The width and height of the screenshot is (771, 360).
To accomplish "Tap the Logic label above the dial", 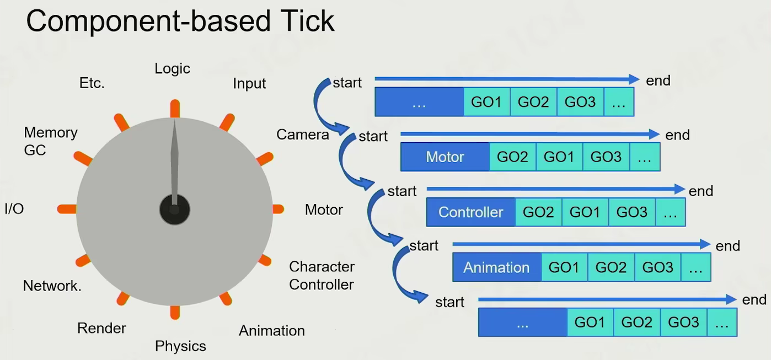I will tap(172, 69).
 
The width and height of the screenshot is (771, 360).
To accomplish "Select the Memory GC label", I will tap(50, 141).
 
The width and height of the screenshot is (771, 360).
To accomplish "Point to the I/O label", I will tap(14, 209).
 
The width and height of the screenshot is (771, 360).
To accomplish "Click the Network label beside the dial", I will tap(52, 286).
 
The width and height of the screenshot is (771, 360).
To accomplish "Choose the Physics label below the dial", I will tap(180, 346).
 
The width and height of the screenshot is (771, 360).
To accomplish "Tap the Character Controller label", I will tap(322, 276).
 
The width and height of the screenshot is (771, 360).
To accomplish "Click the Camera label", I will tap(302, 135).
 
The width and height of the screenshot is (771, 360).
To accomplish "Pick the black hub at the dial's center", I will tap(174, 209).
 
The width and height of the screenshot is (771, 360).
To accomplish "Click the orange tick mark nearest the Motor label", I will tap(277, 209).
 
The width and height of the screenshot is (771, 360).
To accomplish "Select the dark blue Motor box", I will tap(445, 157).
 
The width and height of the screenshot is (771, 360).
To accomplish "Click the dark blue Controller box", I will tap(470, 212).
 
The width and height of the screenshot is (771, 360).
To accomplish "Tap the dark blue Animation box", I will tap(496, 267).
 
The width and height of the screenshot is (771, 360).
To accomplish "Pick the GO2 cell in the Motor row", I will tap(512, 157).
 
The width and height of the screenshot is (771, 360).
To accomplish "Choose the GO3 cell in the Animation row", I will tap(657, 267).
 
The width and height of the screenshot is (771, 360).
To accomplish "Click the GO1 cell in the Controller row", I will tap(585, 212).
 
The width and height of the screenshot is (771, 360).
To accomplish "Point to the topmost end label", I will tap(658, 80).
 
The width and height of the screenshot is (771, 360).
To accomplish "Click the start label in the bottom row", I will tap(449, 302).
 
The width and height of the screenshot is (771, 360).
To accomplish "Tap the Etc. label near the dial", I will tap(92, 84).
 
